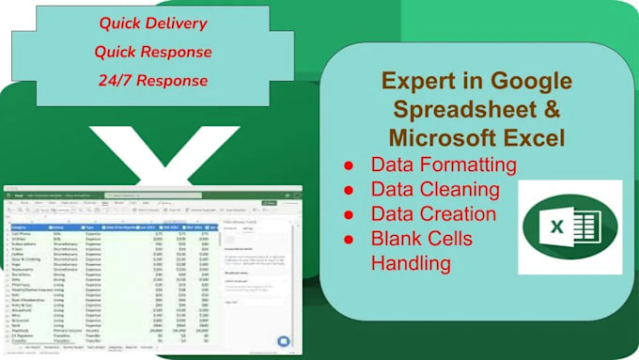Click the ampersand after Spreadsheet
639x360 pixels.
(x=531, y=110)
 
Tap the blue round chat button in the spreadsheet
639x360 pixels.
(x=284, y=341)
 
